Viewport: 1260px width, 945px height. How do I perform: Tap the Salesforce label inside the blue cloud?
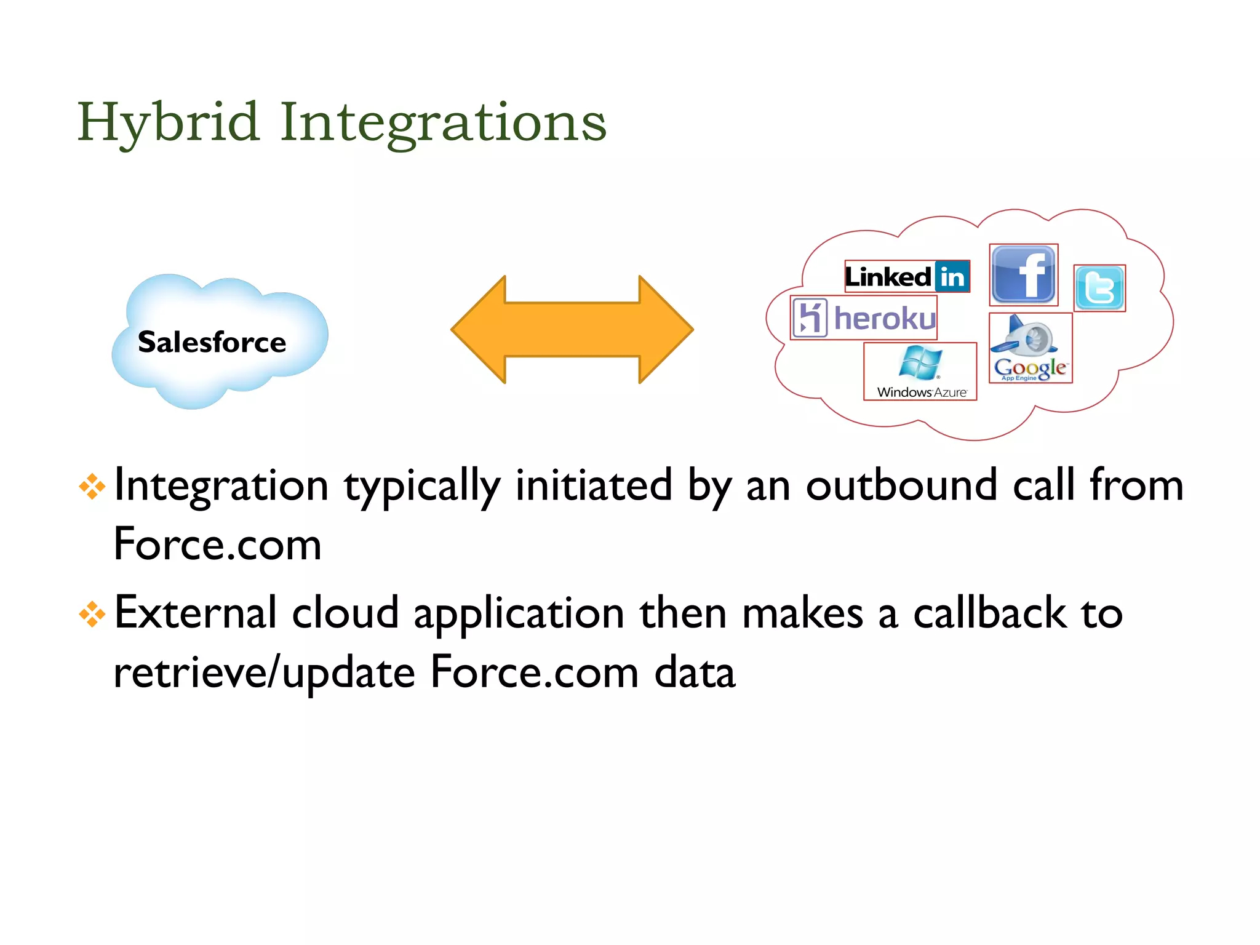212,342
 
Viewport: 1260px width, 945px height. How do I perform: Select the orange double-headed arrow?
572,330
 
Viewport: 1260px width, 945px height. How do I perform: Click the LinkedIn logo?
907,277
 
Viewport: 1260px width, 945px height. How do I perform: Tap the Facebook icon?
1023,275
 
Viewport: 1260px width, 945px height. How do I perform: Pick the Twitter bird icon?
1099,288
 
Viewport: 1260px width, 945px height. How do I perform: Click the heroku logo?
864,318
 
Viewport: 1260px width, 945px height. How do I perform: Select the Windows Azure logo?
920,372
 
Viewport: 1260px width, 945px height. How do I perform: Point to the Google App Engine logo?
1031,349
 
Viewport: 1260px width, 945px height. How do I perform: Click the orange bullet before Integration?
92,487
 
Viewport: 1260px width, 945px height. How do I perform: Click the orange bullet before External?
92,614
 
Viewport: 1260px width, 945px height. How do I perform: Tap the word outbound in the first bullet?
901,486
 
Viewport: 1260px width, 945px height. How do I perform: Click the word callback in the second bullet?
989,613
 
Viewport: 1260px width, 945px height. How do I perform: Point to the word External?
195,613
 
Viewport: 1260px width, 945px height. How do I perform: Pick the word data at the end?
695,673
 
